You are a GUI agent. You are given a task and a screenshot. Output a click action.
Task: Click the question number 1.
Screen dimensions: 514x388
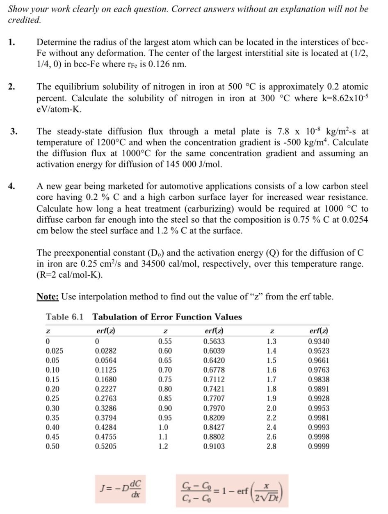12,42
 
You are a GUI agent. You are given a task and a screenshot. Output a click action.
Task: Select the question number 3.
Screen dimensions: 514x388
14,131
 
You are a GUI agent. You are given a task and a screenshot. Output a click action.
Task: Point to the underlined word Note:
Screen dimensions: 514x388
48,297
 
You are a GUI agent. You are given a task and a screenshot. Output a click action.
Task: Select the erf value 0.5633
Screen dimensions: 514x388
214,341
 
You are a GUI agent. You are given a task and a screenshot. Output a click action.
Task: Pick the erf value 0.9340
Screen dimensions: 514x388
319,341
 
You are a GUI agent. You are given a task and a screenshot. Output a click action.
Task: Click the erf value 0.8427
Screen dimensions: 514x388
214,427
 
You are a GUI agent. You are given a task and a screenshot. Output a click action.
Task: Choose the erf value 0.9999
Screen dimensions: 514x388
319,446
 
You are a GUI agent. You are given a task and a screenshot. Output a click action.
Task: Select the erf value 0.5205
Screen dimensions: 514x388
105,446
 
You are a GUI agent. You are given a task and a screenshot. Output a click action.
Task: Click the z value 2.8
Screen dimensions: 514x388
271,446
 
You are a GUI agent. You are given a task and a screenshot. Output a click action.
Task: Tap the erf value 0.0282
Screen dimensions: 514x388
105,351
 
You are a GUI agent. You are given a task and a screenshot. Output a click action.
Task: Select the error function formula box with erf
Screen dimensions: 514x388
232,491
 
